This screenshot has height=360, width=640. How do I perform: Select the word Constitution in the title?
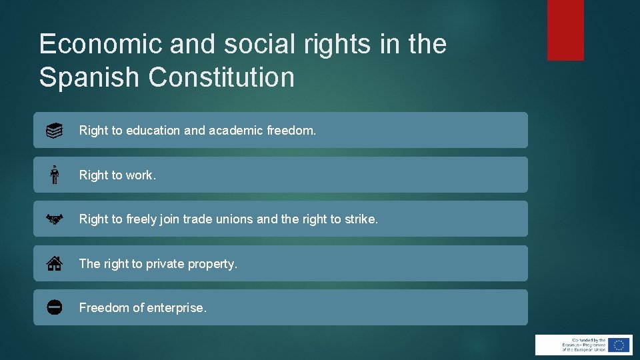point(221,77)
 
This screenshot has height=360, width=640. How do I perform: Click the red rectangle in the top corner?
point(565,30)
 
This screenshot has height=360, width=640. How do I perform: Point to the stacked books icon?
point(55,131)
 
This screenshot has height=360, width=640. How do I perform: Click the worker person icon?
point(55,175)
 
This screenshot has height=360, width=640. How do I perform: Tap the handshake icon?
point(55,219)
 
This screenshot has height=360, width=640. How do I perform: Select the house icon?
point(55,263)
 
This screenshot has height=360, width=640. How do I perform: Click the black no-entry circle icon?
point(55,307)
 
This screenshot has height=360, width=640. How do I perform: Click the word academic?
point(236,131)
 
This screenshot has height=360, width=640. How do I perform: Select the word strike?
point(360,219)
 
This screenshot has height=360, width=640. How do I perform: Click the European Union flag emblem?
point(619,345)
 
